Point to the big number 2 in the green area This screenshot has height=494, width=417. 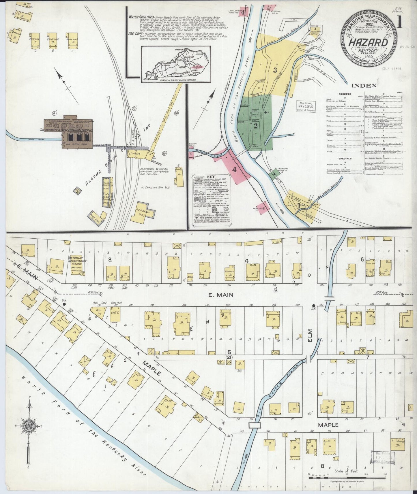[255, 126]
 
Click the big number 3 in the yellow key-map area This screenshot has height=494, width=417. [275, 70]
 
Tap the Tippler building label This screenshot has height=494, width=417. [135, 154]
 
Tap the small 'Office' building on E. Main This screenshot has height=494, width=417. [190, 277]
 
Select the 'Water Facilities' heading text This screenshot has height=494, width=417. [141, 17]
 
